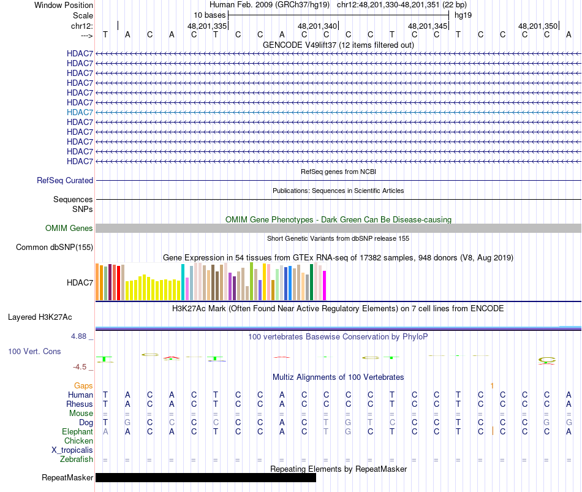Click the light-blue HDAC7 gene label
(80, 112)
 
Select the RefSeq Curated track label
(65, 181)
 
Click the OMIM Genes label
(69, 229)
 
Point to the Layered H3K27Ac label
(40, 317)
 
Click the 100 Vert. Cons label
(34, 352)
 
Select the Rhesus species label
(80, 404)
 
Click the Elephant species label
(77, 432)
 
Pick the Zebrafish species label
(77, 460)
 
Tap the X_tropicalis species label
(72, 450)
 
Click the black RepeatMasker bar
(205, 477)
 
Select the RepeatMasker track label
(67, 478)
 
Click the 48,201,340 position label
(317, 26)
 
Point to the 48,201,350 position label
(538, 26)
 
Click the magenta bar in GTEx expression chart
(325, 286)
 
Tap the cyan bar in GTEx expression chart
(183, 282)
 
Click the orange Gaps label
(83, 385)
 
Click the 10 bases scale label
(210, 15)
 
